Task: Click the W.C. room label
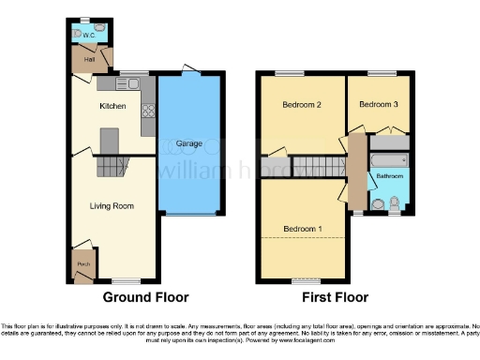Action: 86,36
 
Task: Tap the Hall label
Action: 90,58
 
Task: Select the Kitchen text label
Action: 113,106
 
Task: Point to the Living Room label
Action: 112,205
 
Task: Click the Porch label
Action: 84,264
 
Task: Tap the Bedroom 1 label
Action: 303,229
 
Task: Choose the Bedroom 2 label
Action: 302,106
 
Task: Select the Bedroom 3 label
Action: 378,105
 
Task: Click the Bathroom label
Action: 389,175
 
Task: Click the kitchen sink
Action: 133,84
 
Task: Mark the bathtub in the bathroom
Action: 389,144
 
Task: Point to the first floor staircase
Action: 319,166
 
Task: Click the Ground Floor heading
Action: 145,297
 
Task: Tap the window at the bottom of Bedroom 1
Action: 304,280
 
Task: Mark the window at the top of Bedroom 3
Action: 381,73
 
